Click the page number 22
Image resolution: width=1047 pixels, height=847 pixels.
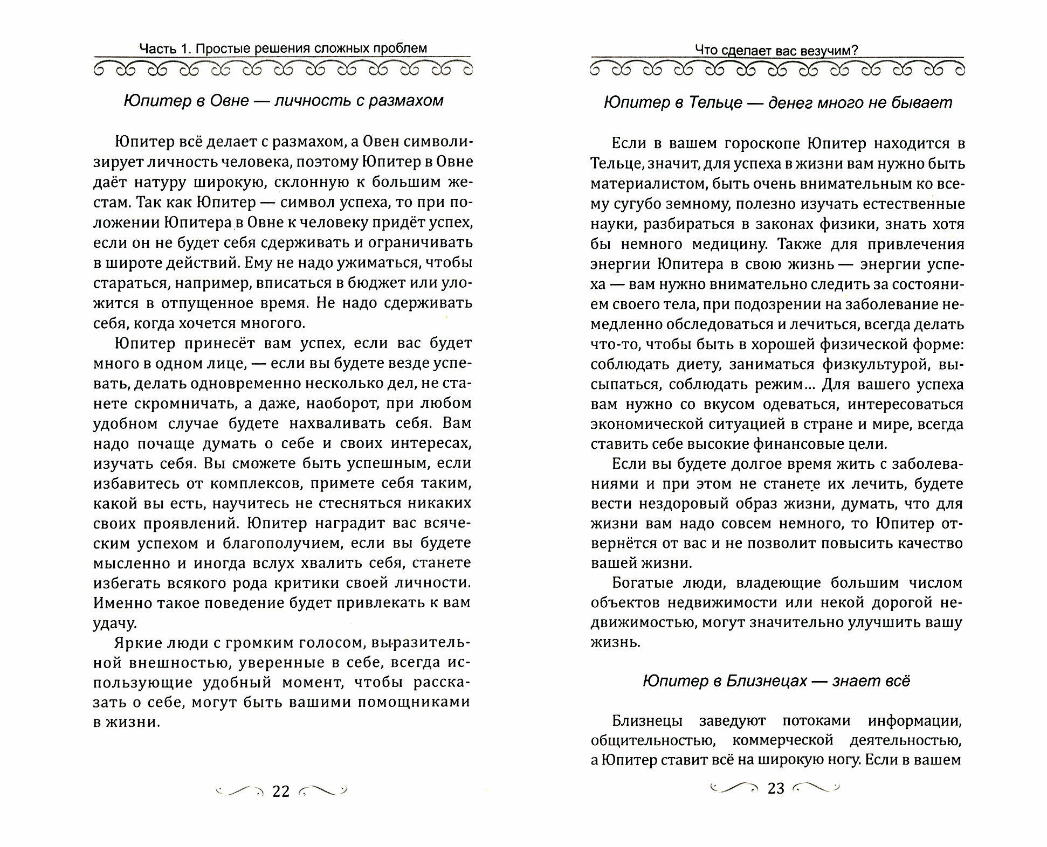click(x=281, y=791)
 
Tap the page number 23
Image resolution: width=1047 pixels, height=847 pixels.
click(x=775, y=788)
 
